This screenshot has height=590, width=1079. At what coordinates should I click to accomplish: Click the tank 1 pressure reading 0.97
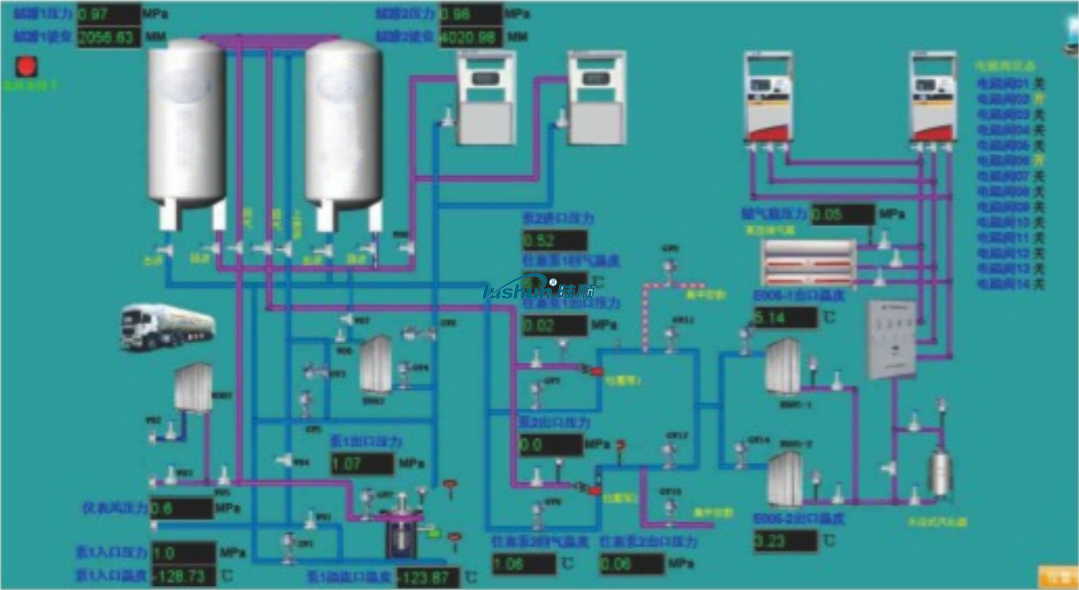pyautogui.click(x=108, y=14)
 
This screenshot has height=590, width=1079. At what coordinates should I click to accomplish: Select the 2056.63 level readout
pyautogui.click(x=108, y=37)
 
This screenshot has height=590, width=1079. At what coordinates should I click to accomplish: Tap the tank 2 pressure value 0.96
pyautogui.click(x=469, y=14)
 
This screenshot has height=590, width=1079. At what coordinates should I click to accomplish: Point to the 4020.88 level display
pyautogui.click(x=469, y=37)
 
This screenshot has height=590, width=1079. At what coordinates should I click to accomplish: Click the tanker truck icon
pyautogui.click(x=168, y=326)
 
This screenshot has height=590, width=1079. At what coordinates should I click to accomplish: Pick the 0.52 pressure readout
pyautogui.click(x=554, y=240)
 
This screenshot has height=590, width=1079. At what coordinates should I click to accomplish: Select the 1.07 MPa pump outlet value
pyautogui.click(x=362, y=464)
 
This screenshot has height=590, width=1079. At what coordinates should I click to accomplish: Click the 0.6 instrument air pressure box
pyautogui.click(x=181, y=509)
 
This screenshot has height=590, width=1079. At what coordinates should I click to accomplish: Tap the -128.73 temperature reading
pyautogui.click(x=183, y=575)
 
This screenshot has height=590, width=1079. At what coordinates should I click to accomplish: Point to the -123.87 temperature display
pyautogui.click(x=428, y=578)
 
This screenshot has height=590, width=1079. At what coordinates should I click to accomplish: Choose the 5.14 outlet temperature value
pyautogui.click(x=785, y=318)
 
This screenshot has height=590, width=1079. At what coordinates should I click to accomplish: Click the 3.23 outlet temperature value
pyautogui.click(x=785, y=541)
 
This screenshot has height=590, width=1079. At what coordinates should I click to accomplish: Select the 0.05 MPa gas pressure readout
pyautogui.click(x=842, y=214)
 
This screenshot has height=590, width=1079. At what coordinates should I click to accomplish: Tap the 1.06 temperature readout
pyautogui.click(x=523, y=564)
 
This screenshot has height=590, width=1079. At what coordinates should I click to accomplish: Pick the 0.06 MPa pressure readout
pyautogui.click(x=632, y=564)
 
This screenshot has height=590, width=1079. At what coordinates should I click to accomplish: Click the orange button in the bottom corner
pyautogui.click(x=1057, y=575)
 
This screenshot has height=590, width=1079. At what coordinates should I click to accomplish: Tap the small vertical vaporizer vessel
pyautogui.click(x=942, y=471)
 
